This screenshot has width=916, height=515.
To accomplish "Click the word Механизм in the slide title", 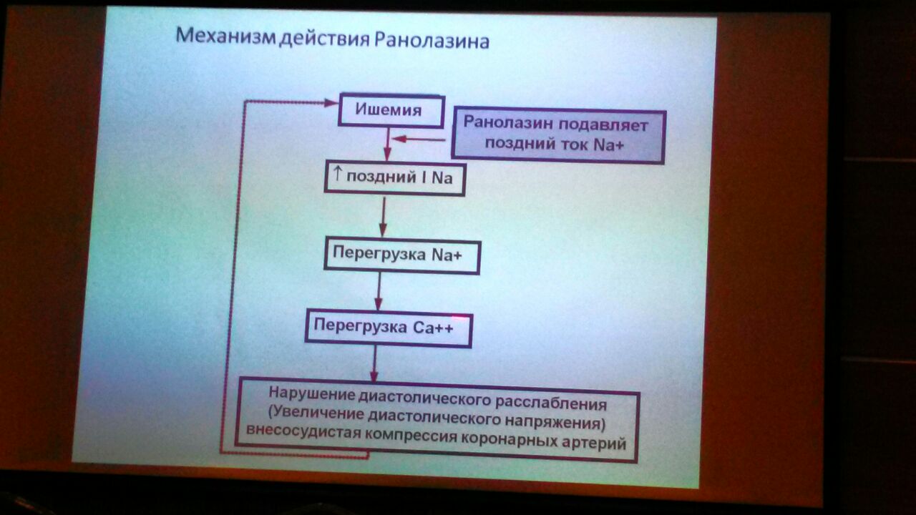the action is click(x=225, y=36).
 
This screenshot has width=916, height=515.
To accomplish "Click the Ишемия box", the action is click(x=391, y=110).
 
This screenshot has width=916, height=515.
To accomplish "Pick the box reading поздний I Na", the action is click(x=394, y=178).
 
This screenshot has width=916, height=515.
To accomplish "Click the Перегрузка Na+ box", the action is click(x=402, y=255).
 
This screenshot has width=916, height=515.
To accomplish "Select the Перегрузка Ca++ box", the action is click(x=389, y=330).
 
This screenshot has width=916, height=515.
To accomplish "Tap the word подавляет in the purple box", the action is click(x=603, y=125).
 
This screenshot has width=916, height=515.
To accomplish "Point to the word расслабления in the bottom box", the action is click(x=551, y=403).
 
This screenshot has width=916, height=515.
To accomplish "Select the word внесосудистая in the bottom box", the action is click(x=303, y=431).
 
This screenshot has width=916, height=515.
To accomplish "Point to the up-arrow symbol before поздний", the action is click(x=337, y=174).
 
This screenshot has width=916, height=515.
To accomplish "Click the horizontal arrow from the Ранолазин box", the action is click(x=419, y=139).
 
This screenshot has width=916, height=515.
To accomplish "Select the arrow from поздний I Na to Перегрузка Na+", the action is click(x=383, y=217).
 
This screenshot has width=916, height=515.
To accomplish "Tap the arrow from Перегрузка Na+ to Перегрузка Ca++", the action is click(x=379, y=291).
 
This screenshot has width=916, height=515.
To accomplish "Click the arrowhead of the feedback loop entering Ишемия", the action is click(x=331, y=102).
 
